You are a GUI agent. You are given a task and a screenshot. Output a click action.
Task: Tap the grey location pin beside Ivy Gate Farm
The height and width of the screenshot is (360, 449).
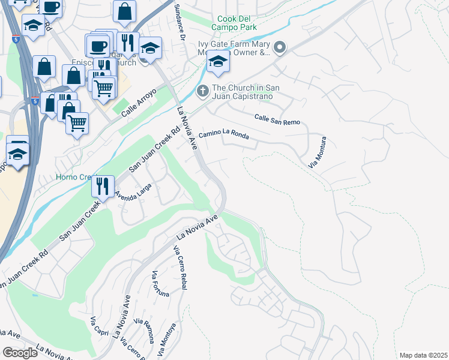(x=279, y=47)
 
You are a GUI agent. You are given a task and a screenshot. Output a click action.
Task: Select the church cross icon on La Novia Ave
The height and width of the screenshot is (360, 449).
(x=202, y=92)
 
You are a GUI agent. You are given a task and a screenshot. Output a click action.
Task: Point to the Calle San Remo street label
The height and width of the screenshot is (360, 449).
(x=277, y=119)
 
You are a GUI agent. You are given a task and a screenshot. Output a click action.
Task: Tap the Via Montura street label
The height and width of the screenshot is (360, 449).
(x=316, y=152)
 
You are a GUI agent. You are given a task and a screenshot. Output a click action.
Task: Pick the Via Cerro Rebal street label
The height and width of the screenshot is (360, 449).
(x=180, y=268)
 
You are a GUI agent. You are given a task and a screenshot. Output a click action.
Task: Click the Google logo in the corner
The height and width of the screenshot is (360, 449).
(x=20, y=353)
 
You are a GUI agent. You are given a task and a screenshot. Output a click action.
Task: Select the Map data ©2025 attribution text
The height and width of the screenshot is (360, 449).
(x=423, y=355)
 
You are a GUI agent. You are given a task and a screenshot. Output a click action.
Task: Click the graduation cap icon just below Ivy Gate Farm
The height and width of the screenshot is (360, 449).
(x=218, y=62)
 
